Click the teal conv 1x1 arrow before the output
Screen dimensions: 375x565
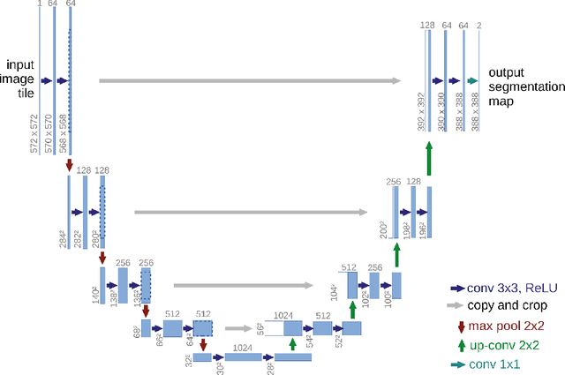(x=472, y=80)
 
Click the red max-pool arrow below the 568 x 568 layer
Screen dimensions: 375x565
(x=70, y=165)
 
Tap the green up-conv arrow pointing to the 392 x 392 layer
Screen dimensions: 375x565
(x=428, y=161)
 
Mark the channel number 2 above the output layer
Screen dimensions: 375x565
(x=478, y=26)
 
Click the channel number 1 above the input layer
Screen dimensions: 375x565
(x=40, y=4)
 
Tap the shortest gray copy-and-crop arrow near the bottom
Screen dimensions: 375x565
(x=236, y=328)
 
